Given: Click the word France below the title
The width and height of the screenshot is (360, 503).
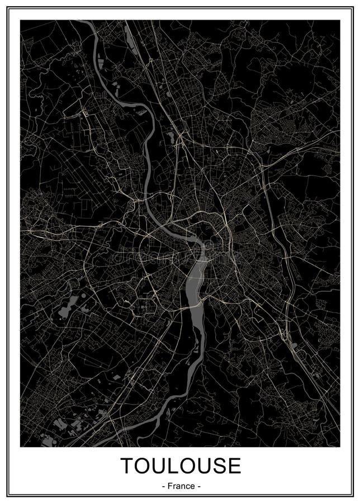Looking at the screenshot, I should tap(181, 486).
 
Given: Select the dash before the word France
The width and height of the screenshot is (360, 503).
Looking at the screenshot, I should tap(162, 486).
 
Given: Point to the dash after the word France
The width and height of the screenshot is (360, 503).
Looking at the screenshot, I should tap(199, 486).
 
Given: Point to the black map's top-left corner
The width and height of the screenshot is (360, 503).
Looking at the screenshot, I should tap(21, 21).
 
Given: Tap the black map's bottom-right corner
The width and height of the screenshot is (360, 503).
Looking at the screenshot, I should tap(339, 447).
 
